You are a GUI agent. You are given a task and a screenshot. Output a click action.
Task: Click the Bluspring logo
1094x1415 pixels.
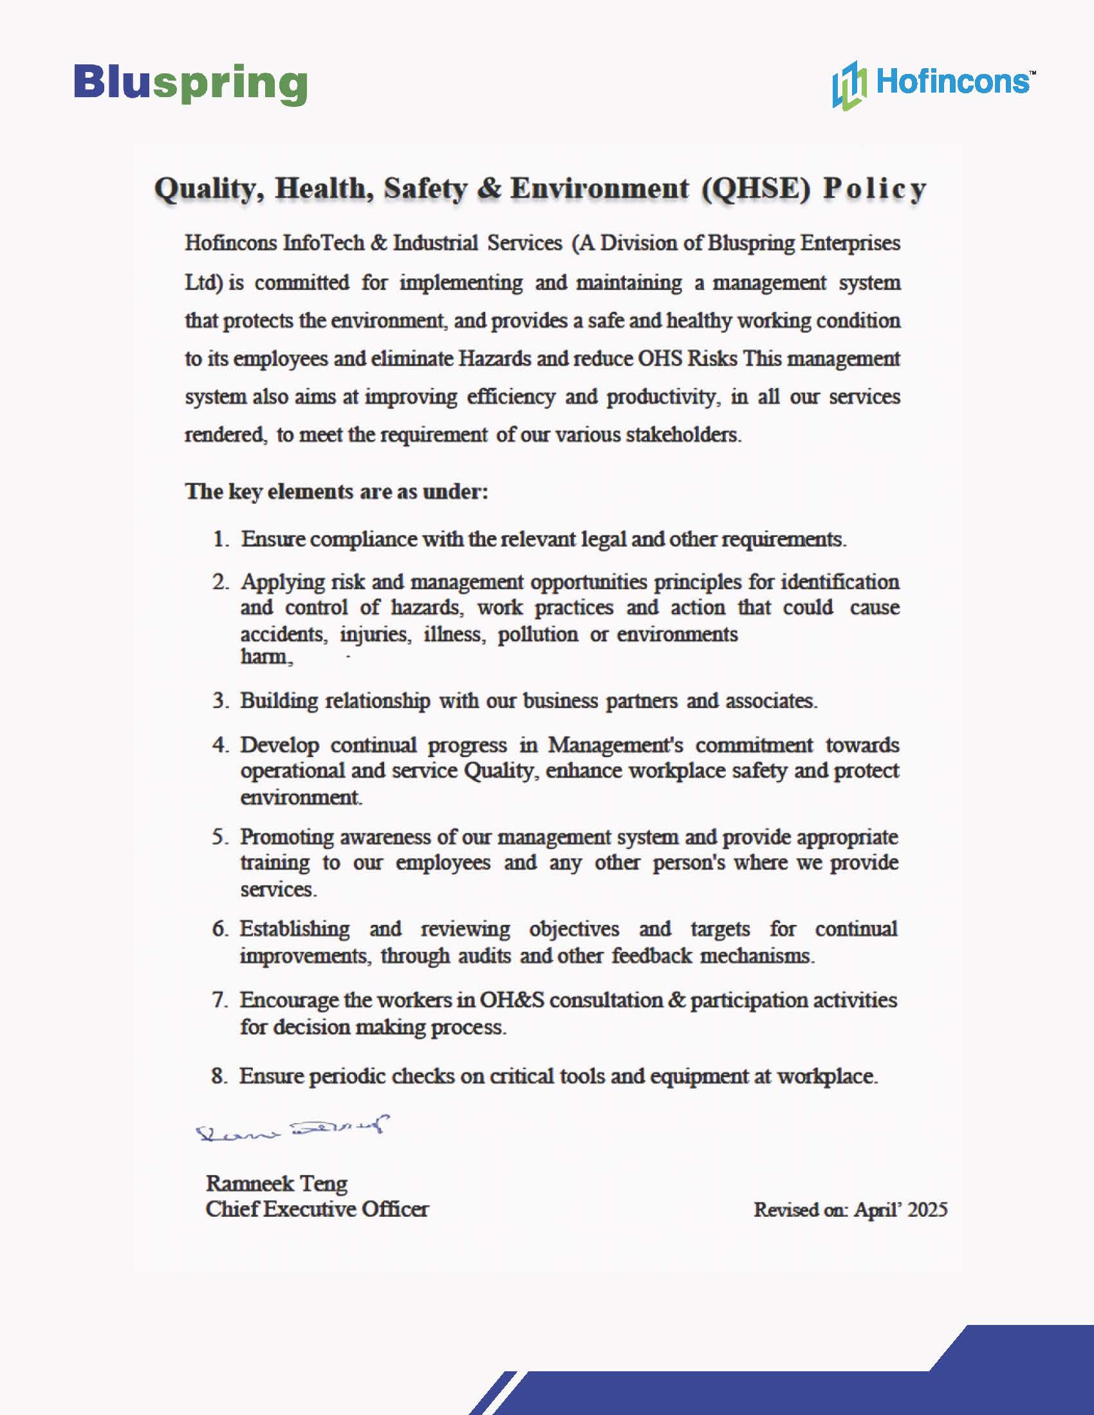190,84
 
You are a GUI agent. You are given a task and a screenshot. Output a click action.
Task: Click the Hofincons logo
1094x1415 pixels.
932,84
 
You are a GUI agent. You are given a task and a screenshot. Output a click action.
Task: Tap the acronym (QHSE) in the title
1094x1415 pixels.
756,188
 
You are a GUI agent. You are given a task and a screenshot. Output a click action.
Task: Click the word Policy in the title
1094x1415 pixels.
875,188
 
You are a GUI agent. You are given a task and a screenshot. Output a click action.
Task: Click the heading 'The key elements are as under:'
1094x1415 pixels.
337,491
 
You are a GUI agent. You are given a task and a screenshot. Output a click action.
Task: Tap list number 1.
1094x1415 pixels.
220,539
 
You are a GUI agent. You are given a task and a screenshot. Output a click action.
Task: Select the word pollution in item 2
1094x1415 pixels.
537,634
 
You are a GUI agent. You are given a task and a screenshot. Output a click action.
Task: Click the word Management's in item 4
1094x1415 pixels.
615,745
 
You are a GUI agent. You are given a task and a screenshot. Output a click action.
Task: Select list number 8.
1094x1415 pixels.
219,1076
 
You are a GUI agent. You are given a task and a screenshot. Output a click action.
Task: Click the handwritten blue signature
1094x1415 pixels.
292,1130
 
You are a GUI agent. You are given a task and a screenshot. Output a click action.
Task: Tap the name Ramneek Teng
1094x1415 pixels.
277,1183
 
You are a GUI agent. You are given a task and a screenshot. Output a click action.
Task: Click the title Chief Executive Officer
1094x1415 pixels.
317,1209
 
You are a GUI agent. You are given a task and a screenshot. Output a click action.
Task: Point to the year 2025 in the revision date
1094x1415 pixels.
927,1210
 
